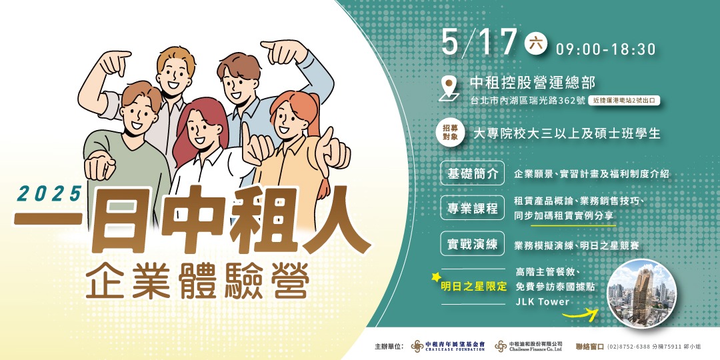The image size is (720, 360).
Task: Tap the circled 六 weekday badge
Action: (535, 42)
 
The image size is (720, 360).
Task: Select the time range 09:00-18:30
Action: (605, 49)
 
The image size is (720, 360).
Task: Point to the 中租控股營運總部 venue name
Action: (533, 83)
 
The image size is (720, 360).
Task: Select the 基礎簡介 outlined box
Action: (473, 174)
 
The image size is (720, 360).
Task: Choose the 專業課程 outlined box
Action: (473, 208)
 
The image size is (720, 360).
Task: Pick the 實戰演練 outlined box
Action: (473, 245)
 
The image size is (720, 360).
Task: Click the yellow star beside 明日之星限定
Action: (437, 276)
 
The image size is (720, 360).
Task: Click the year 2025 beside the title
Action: (49, 193)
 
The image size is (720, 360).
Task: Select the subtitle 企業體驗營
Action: (197, 281)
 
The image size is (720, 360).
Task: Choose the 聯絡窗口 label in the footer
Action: (589, 347)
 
